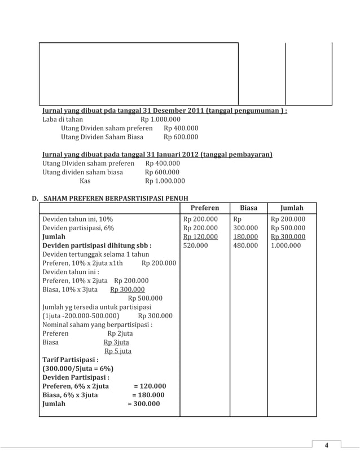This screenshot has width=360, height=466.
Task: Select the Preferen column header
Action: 204,208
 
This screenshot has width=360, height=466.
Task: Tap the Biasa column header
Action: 248,208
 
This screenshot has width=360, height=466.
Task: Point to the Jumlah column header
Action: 292,208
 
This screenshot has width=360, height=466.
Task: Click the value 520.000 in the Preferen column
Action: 195,245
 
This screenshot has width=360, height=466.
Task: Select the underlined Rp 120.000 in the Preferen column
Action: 200,237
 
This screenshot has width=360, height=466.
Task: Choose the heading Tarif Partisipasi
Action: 71,359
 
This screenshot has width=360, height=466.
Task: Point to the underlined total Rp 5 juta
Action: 118,351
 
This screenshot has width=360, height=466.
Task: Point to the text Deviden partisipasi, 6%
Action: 78,228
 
